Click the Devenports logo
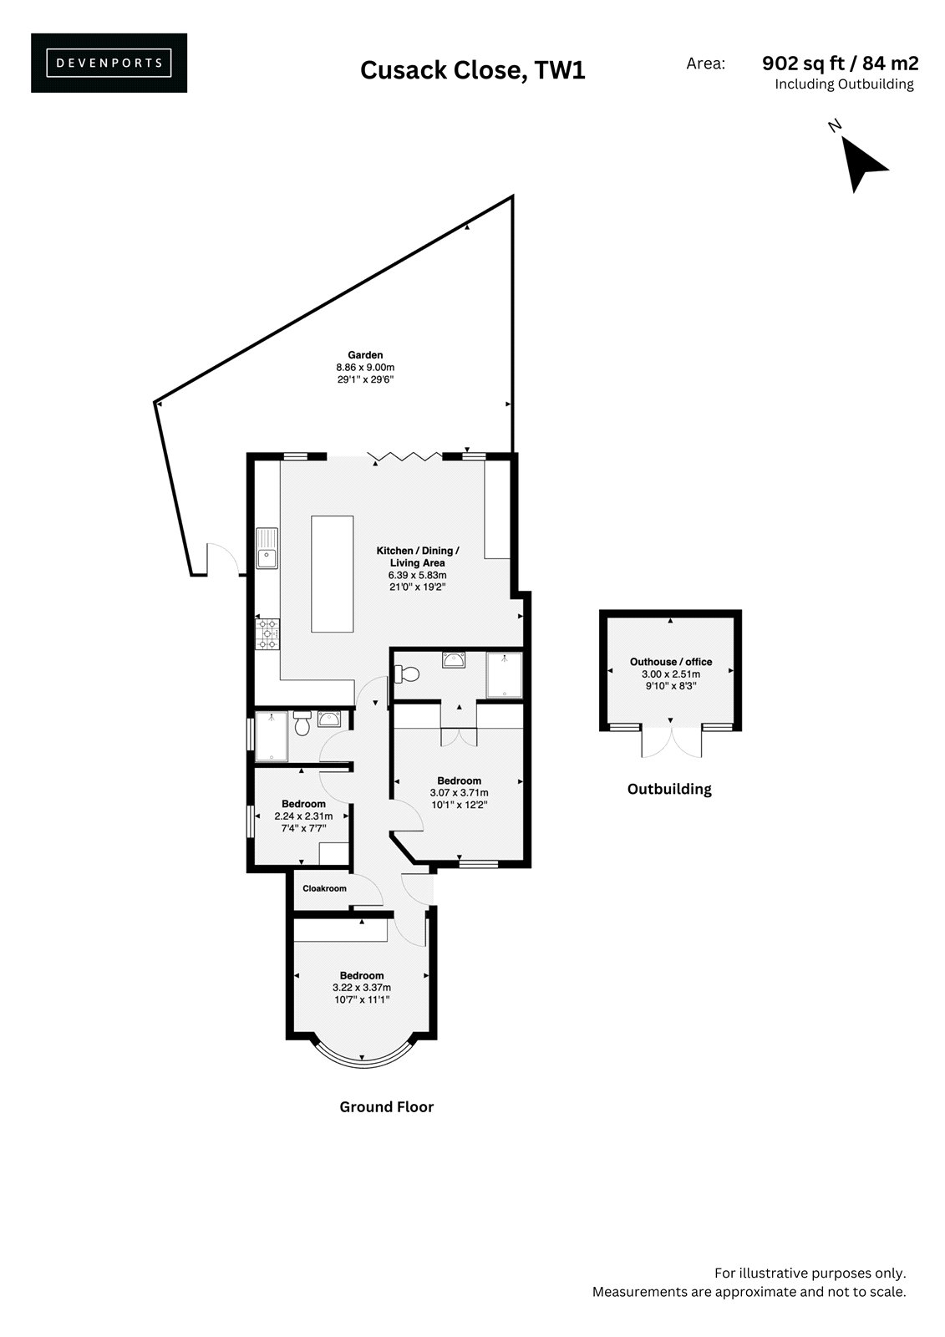[109, 63]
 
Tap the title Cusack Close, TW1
[472, 70]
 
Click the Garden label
[365, 355]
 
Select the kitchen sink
[267, 548]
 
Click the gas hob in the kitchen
[267, 634]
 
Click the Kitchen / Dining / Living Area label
[417, 557]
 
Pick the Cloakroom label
[324, 889]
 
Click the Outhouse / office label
[670, 662]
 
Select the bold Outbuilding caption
[669, 789]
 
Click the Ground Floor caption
[386, 1107]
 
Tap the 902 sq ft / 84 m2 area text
[840, 63]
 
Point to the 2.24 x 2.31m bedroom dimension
[303, 816]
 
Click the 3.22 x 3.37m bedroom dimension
[362, 987]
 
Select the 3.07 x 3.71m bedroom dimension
[459, 793]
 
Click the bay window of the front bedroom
[363, 1065]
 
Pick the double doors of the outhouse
[671, 742]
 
